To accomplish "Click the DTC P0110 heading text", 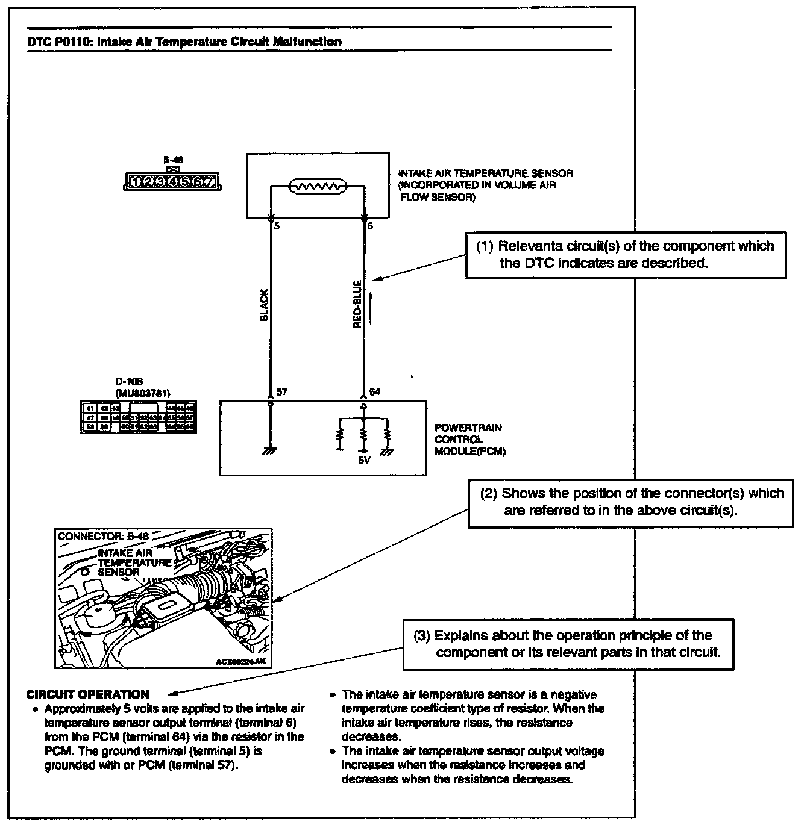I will [184, 42].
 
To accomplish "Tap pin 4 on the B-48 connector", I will [173, 181].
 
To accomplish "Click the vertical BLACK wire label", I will [264, 305].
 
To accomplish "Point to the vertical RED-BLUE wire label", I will [357, 305].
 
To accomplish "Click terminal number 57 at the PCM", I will [281, 392].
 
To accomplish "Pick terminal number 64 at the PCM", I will [374, 392].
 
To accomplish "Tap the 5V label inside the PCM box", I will [363, 461].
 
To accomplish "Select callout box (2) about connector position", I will [632, 502].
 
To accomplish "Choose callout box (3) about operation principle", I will [568, 644].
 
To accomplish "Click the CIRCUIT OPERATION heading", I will [88, 694].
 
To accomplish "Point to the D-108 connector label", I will [126, 381].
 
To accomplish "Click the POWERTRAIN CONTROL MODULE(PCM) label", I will [469, 439].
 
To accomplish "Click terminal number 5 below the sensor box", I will [277, 226].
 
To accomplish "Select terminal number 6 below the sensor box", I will [370, 226].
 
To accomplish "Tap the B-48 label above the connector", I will [173, 160].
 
